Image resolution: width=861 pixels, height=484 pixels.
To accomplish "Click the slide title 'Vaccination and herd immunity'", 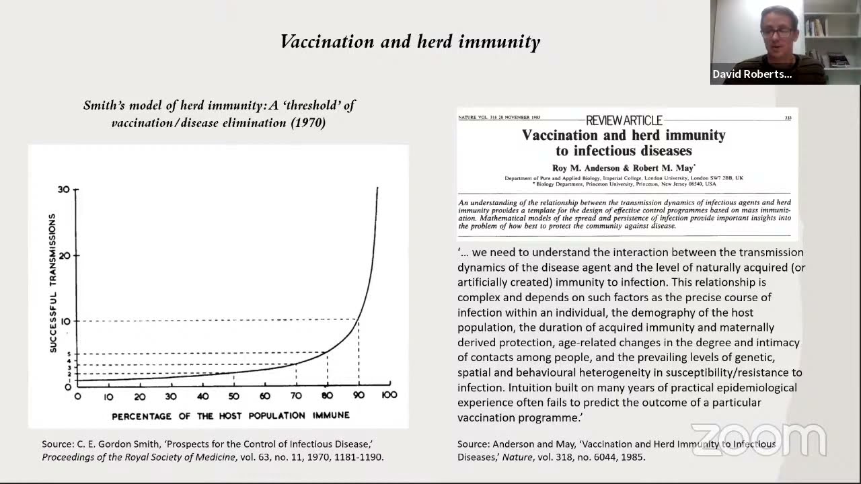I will (410, 42).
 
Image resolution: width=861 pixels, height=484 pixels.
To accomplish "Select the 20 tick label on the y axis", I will (65, 255).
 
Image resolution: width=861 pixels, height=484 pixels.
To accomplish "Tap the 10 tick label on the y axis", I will (65, 321).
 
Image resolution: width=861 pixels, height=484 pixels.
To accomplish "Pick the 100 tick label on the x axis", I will (389, 395).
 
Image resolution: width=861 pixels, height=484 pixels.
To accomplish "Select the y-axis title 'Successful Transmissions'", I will (52, 283).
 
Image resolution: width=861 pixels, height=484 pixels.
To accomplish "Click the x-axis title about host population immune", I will (231, 415).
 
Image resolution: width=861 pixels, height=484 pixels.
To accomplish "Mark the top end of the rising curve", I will (377, 188).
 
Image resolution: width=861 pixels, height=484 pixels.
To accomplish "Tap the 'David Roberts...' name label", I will (752, 75).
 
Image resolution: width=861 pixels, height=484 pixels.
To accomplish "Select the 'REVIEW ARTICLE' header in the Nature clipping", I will (624, 120).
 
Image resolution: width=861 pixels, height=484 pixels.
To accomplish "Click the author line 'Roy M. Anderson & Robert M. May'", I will (624, 167).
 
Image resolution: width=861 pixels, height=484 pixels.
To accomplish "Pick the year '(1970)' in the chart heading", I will (308, 123).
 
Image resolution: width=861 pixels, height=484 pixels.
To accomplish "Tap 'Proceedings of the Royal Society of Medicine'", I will (139, 457).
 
